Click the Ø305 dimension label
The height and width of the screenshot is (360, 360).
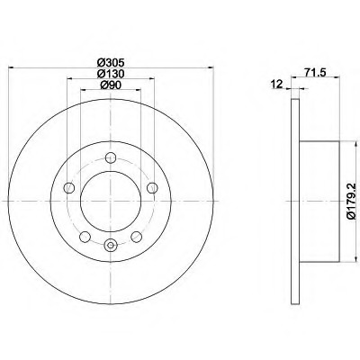pos(111,63)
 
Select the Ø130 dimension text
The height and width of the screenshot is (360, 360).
pos(111,74)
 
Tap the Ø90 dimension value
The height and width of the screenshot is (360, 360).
pos(111,85)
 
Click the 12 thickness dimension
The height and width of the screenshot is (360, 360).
pos(276,84)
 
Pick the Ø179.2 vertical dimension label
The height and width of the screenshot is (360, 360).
pos(352,201)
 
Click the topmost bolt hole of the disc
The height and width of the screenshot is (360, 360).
pos(111,157)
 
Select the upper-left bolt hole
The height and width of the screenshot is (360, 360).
pos(69,187)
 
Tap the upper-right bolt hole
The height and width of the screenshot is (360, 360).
pos(152,187)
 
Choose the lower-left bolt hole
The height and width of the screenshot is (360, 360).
pos(85,237)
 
